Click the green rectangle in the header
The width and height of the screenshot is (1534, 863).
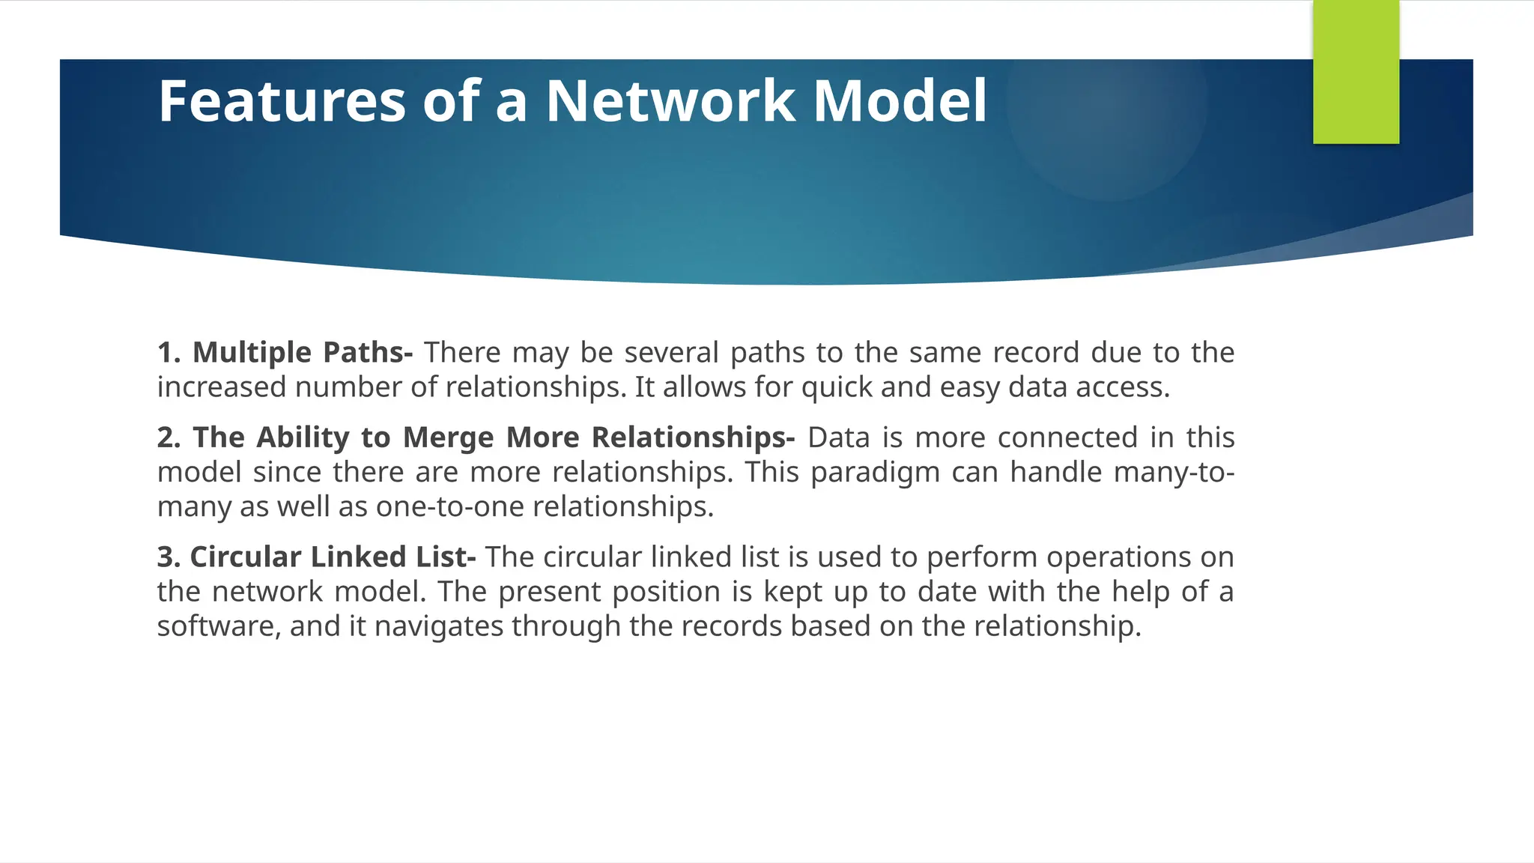(x=1356, y=72)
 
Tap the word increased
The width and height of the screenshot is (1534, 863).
(x=222, y=387)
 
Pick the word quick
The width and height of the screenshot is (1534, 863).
(x=837, y=387)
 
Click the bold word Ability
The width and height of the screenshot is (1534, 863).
(x=303, y=437)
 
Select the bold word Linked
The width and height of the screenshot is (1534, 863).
(x=357, y=557)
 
